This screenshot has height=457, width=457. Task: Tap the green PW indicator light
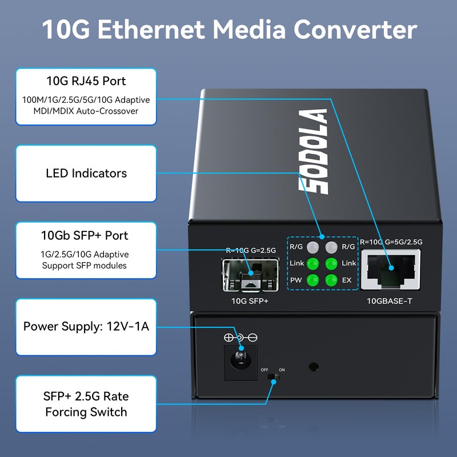point(312,280)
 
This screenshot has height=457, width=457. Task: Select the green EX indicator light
point(330,280)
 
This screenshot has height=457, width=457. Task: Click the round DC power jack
point(240,360)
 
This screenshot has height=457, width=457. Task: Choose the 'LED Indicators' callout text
point(86,173)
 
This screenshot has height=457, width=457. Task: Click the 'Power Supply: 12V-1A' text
point(86,327)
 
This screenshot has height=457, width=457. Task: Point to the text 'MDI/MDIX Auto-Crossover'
point(86,111)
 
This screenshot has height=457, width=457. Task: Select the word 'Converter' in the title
point(355,30)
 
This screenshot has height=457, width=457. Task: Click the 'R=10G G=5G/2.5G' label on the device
point(391,242)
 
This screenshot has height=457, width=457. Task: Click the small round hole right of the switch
point(312,366)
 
